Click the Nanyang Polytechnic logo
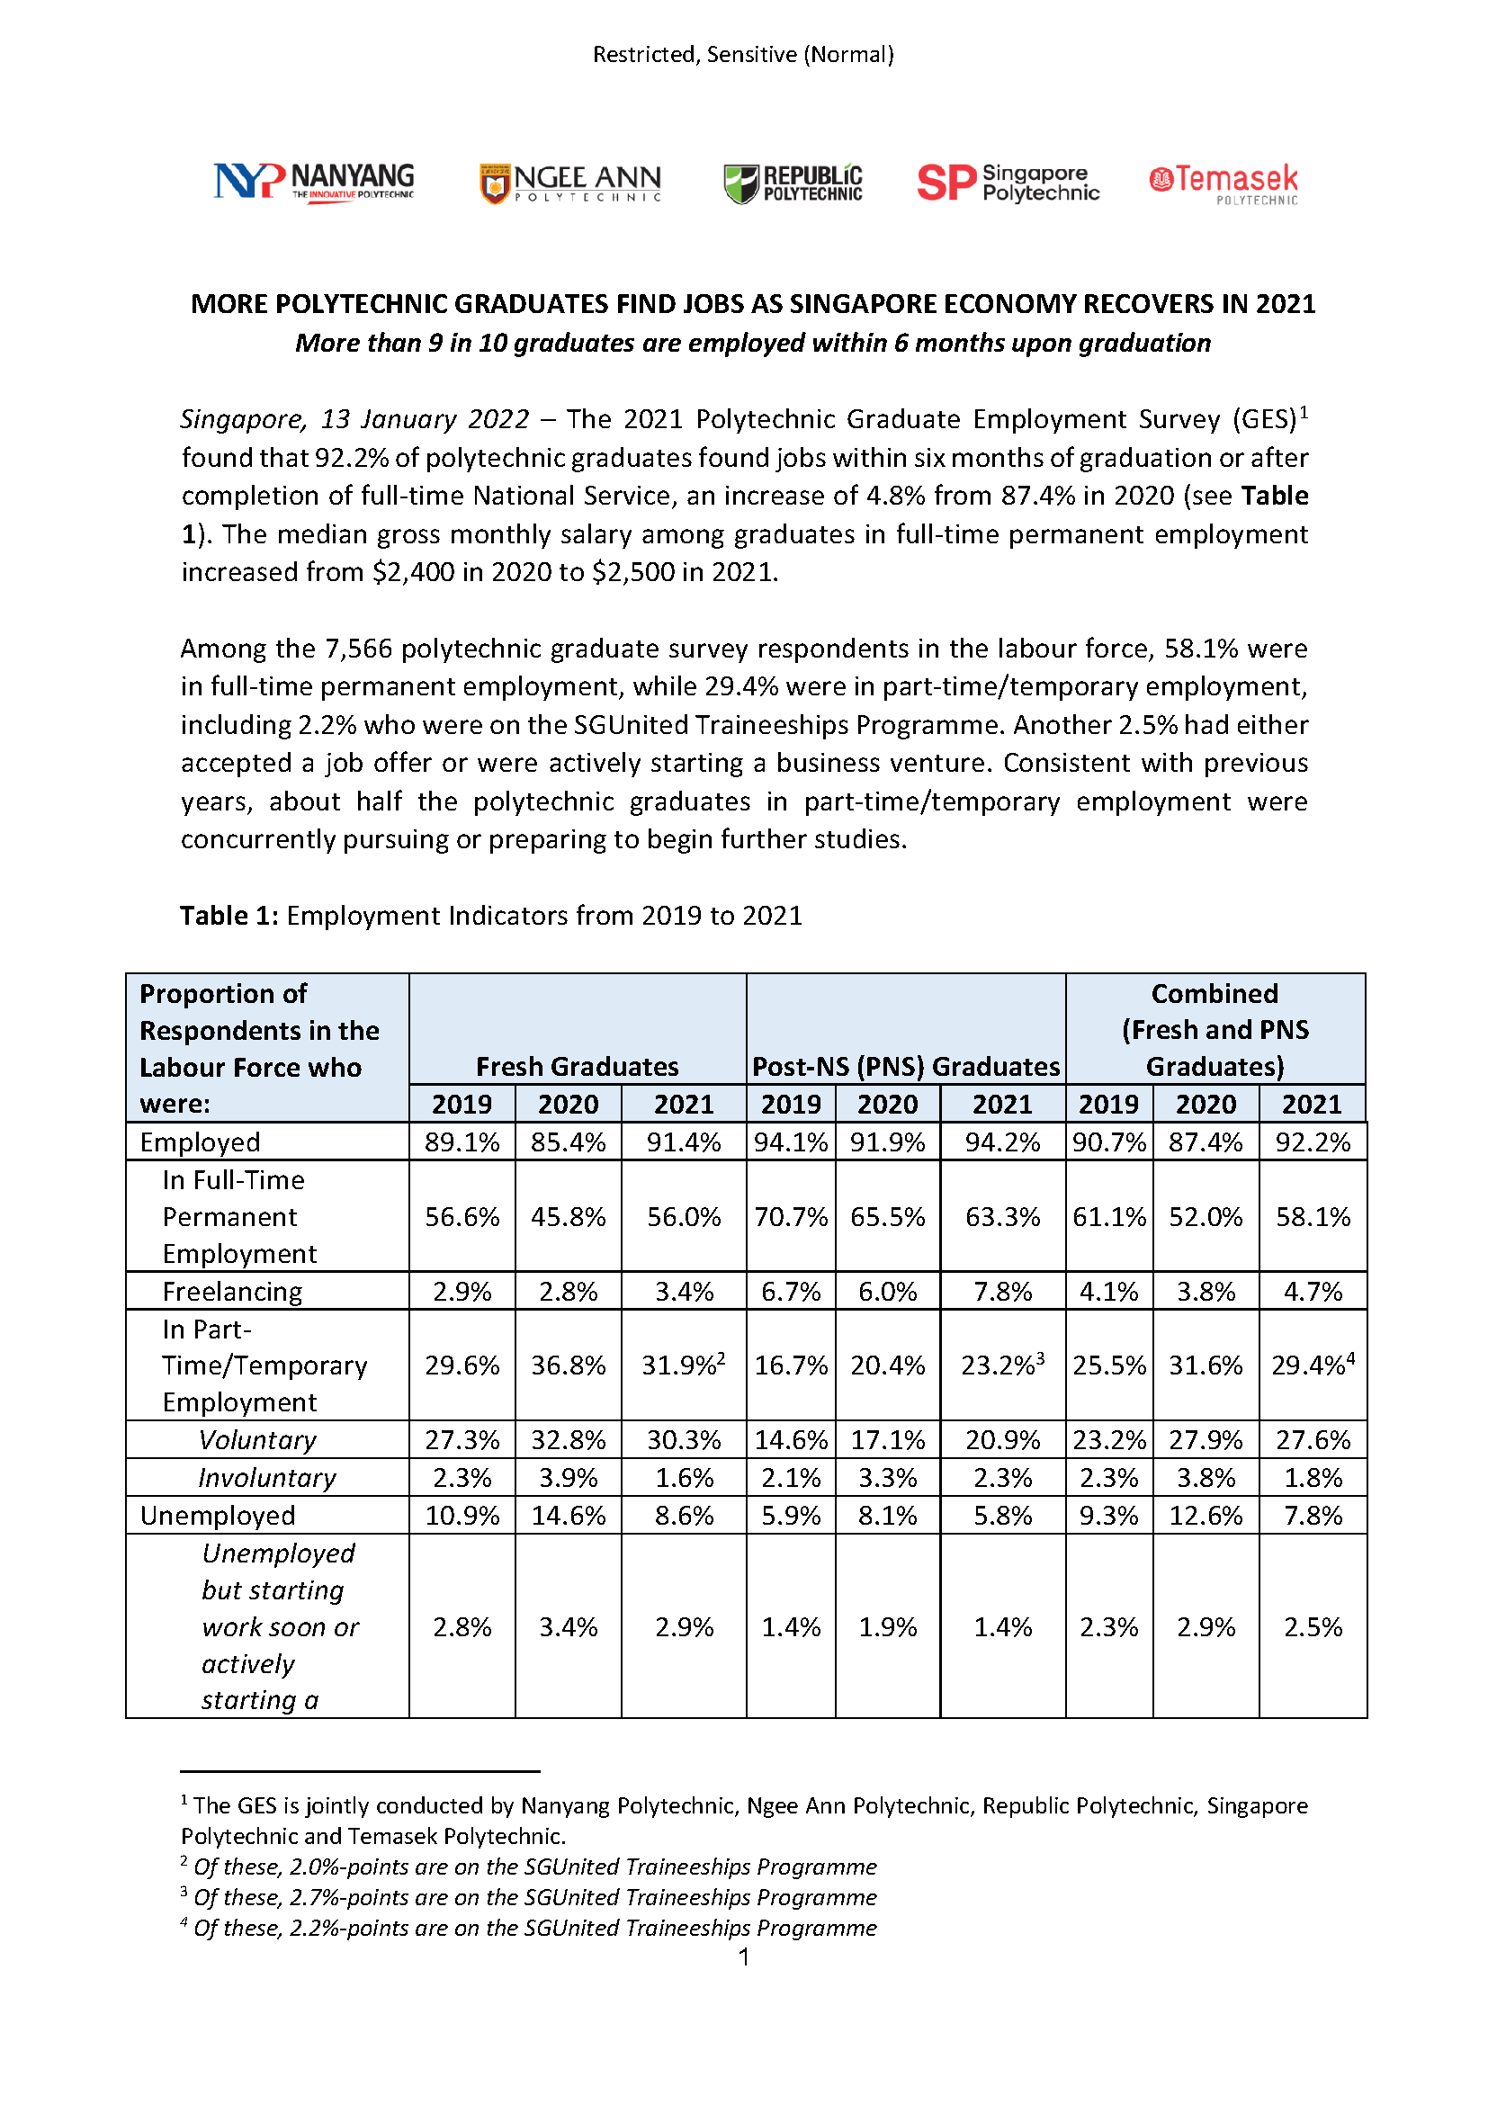pyautogui.click(x=313, y=182)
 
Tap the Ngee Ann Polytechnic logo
pyautogui.click(x=569, y=184)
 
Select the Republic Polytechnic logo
pyautogui.click(x=793, y=184)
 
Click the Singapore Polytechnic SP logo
pyautogui.click(x=1008, y=183)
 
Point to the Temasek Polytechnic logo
pyautogui.click(x=1224, y=184)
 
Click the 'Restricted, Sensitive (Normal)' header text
pyautogui.click(x=743, y=55)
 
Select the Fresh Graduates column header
pyautogui.click(x=578, y=1066)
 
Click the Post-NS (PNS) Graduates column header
pyautogui.click(x=905, y=1066)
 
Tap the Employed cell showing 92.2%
pyautogui.click(x=1312, y=1142)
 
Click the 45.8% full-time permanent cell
pyautogui.click(x=568, y=1217)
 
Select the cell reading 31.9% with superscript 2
pyautogui.click(x=684, y=1365)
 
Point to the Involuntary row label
pyautogui.click(x=266, y=1477)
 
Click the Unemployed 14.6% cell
pyautogui.click(x=568, y=1515)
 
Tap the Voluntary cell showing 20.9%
pyautogui.click(x=1002, y=1439)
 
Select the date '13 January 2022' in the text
pyautogui.click(x=425, y=420)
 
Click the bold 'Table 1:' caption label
pyautogui.click(x=229, y=916)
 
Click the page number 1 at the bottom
pyautogui.click(x=744, y=1957)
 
